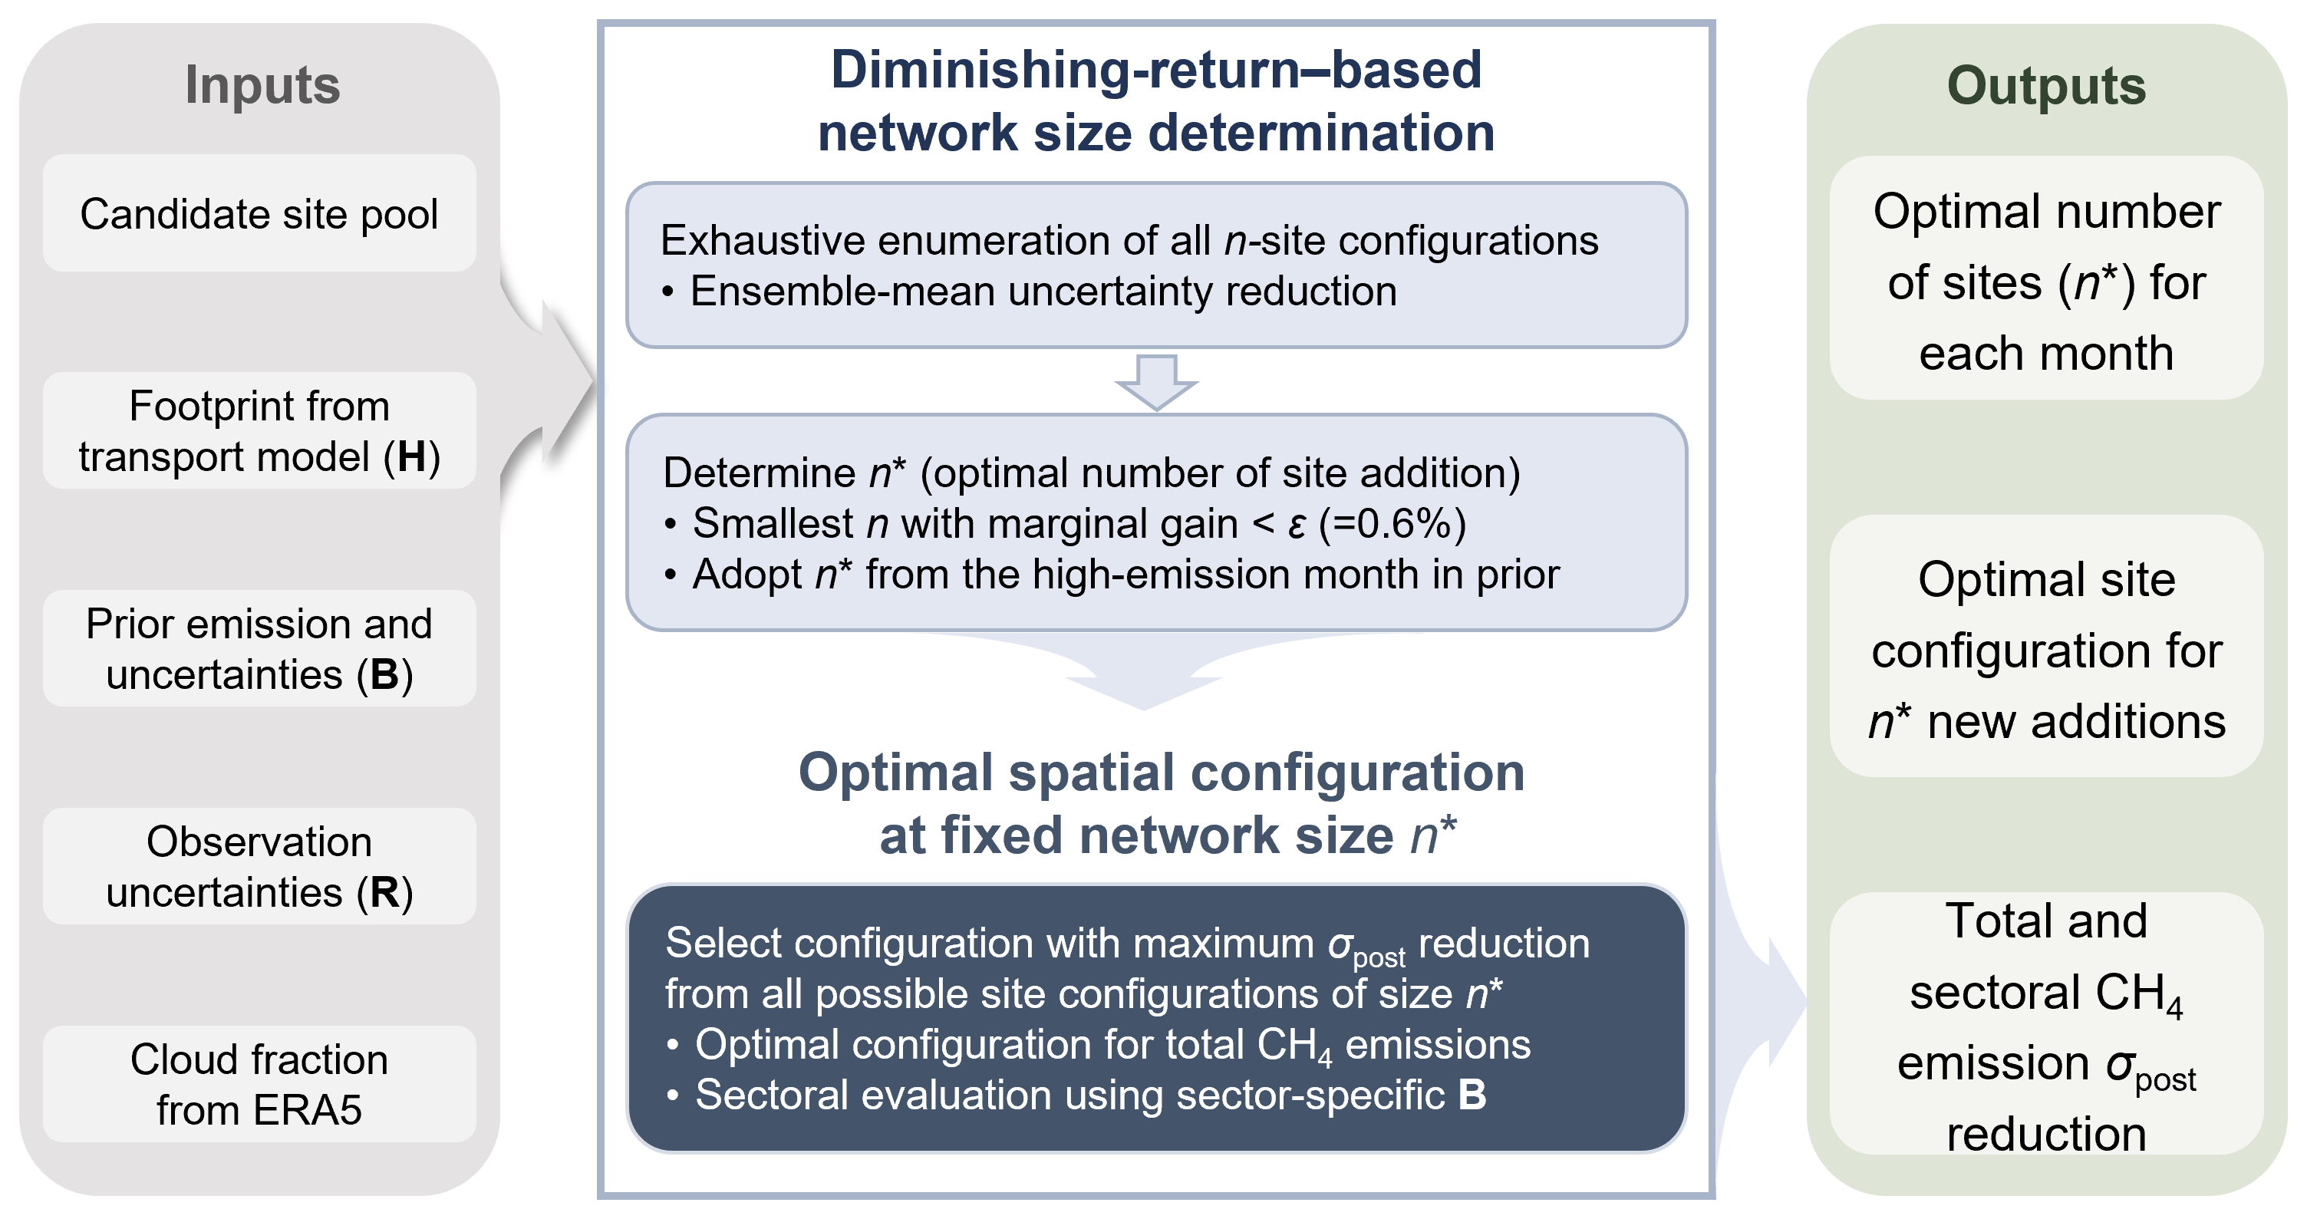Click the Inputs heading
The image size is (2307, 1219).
click(262, 85)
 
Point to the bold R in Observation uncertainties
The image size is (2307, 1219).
click(385, 892)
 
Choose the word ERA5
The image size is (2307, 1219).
click(308, 1111)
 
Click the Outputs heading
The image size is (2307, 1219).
click(2046, 86)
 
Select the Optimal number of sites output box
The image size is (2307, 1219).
click(2046, 278)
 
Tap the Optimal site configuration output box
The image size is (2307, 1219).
click(2046, 646)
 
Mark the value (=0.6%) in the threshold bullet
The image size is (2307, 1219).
click(1392, 524)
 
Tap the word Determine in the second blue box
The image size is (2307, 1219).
click(760, 473)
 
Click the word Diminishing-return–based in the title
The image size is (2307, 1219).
click(1156, 70)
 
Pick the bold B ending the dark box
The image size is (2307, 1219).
click(1472, 1095)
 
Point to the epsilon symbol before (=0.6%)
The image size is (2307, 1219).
click(1296, 525)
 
